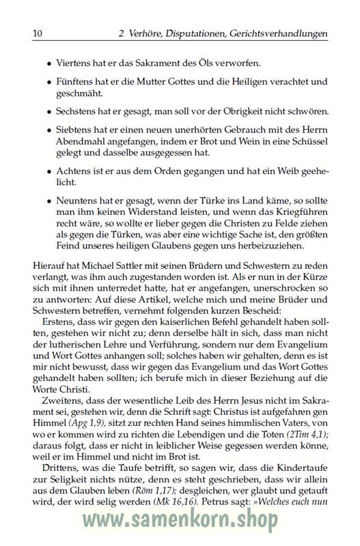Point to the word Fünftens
(x=77, y=83)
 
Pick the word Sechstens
(x=78, y=111)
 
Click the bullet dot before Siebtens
(x=49, y=131)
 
